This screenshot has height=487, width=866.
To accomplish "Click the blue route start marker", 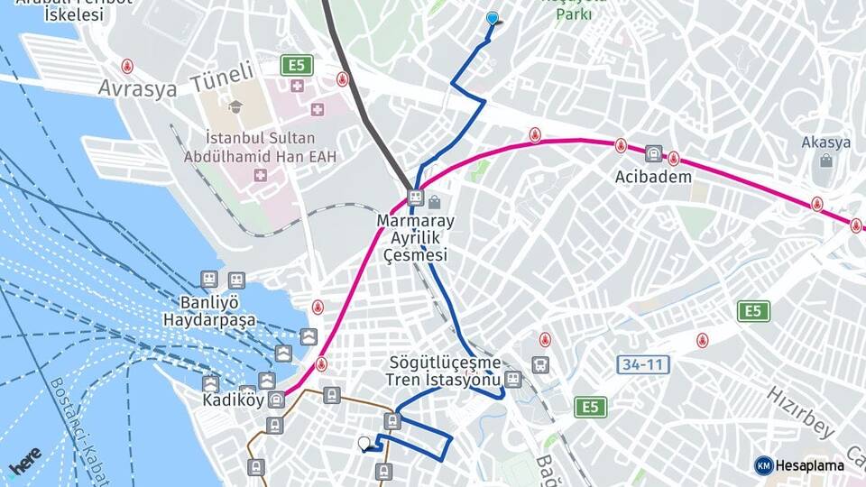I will (492, 18).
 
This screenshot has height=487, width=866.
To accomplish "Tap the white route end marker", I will (364, 443).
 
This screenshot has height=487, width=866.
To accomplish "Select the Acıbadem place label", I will (653, 177).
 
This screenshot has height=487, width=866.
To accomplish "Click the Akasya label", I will (825, 142).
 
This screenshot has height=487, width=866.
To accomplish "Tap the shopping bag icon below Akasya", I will (825, 161).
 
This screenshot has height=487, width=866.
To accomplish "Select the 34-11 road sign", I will (643, 365).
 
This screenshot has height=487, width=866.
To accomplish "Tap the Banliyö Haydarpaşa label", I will (209, 311).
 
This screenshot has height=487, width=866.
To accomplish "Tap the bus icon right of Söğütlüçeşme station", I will (539, 365).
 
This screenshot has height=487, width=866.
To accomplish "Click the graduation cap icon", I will (235, 106).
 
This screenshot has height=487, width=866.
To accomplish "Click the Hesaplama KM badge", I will (799, 465).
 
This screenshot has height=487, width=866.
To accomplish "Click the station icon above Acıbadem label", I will (653, 154).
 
